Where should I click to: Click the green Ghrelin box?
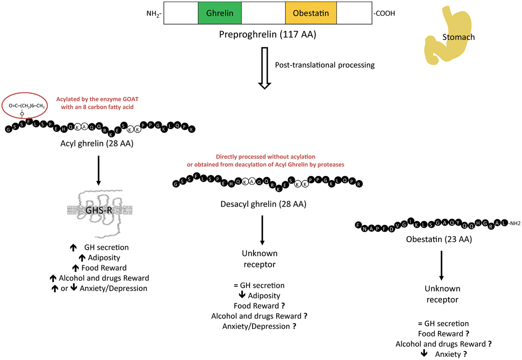(x=219, y=13)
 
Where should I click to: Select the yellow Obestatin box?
(x=311, y=13)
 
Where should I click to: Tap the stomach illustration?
(x=448, y=36)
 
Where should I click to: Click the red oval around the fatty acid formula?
(x=25, y=105)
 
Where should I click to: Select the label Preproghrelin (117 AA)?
(x=267, y=34)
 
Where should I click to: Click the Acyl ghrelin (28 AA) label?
(x=97, y=144)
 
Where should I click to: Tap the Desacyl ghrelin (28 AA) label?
(x=263, y=204)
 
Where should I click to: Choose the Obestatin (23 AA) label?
(x=439, y=239)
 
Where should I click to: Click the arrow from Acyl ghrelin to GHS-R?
(x=98, y=170)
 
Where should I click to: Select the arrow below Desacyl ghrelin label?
(x=262, y=230)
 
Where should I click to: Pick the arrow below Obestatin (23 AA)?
(x=441, y=265)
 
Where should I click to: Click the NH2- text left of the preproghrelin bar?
(x=154, y=14)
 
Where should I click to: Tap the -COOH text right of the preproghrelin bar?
(x=384, y=13)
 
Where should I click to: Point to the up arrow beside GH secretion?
(x=73, y=248)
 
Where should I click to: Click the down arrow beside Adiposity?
(x=242, y=295)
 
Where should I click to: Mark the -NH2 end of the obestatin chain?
(x=515, y=223)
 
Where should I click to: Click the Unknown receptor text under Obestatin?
(x=442, y=294)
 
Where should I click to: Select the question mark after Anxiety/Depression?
(x=294, y=326)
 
